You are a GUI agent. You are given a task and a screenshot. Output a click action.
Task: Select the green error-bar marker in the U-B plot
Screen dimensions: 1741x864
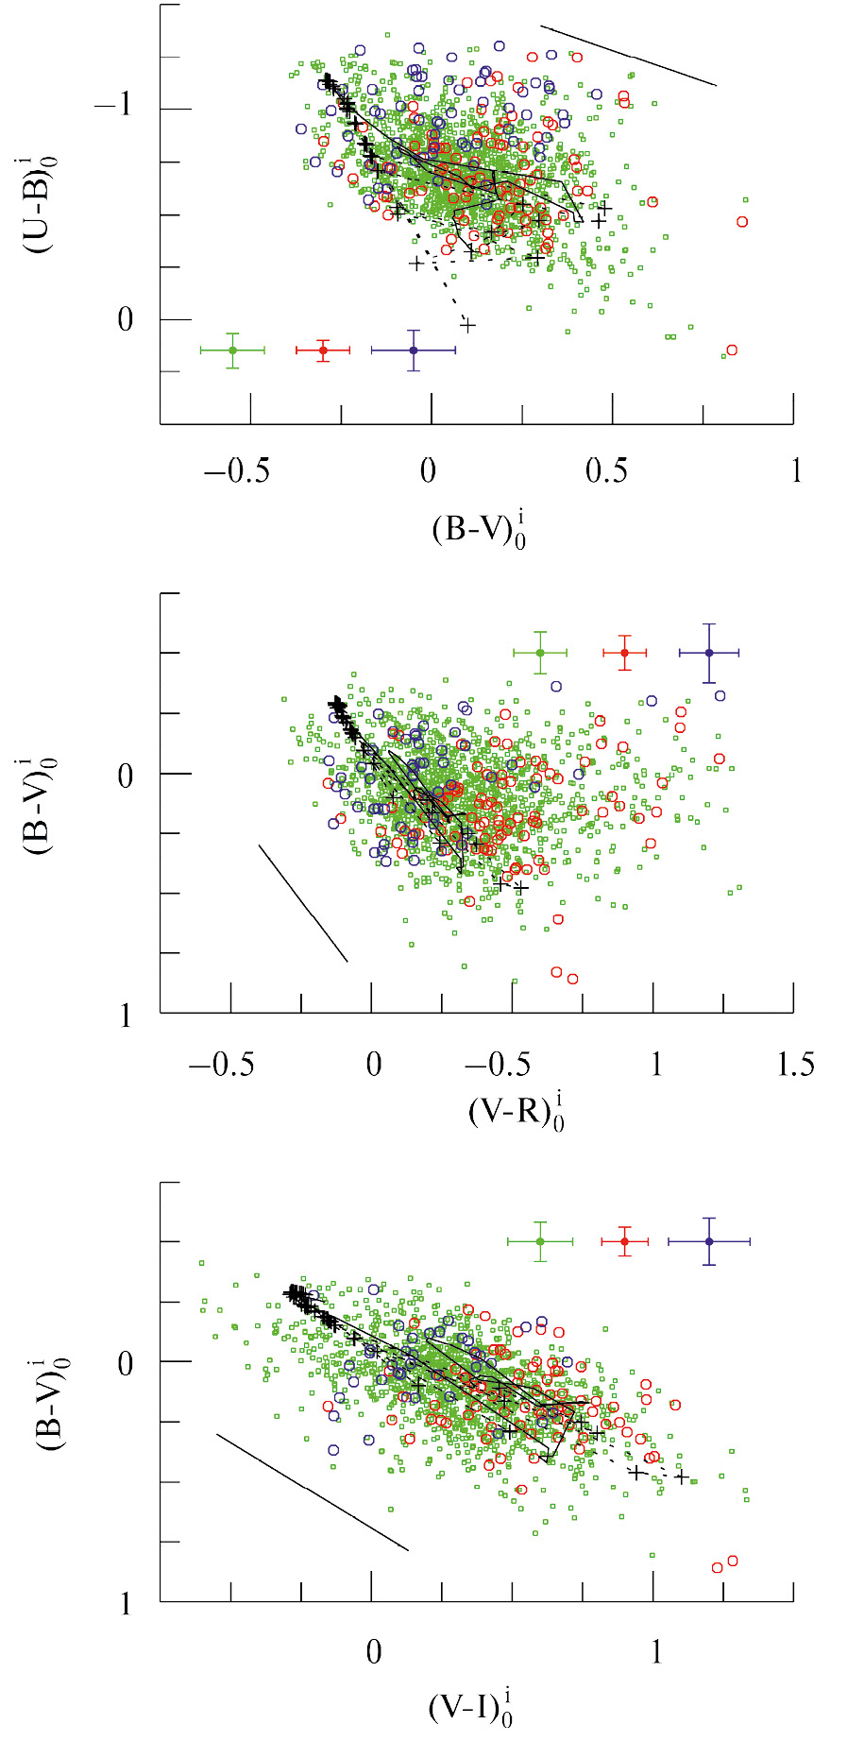232,350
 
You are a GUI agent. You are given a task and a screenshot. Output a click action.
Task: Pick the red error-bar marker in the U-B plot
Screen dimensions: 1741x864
323,350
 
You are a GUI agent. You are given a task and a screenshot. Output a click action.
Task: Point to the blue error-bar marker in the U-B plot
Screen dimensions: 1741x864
414,350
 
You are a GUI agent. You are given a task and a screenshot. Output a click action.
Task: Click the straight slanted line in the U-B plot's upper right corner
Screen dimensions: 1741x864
628,56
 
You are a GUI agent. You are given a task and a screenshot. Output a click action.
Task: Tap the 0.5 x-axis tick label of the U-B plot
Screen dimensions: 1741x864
606,470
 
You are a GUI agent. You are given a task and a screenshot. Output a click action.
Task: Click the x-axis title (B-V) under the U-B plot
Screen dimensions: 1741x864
478,529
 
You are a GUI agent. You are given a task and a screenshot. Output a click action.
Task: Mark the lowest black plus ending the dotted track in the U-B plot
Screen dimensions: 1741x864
467,326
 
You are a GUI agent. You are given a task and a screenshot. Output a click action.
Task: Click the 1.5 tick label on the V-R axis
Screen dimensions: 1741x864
794,1066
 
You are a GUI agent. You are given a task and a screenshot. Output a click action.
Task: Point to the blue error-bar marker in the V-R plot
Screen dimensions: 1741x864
709,653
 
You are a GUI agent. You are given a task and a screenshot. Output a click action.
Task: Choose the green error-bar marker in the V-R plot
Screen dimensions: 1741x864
540,653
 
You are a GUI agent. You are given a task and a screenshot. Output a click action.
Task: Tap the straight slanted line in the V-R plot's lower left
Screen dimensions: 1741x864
303,903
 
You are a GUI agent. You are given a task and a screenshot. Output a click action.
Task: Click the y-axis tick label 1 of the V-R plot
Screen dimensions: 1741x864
126,1016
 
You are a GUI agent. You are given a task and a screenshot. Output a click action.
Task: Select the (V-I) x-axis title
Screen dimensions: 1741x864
470,1707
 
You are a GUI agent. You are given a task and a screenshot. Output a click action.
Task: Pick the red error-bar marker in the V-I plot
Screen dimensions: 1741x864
624,1241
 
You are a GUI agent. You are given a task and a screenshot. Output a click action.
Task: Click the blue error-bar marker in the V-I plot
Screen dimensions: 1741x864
709,1241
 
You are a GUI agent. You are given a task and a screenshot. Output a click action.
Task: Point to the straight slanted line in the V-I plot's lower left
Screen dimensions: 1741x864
312,1492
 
